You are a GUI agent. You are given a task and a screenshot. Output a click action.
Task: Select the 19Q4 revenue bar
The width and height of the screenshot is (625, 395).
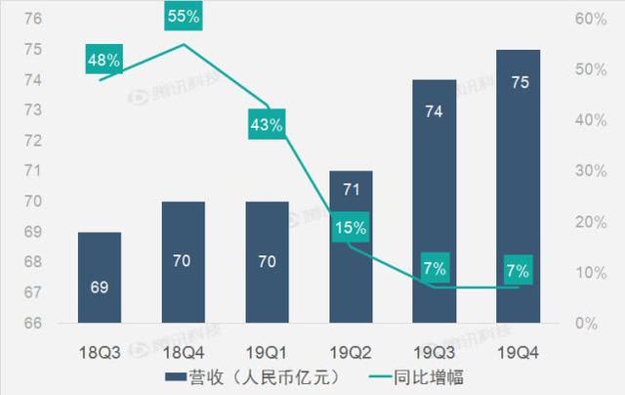tap(520, 186)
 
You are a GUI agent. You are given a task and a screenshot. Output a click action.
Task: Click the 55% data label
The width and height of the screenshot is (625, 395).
tap(183, 17)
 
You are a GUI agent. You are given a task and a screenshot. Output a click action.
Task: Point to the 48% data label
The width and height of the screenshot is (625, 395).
tap(104, 61)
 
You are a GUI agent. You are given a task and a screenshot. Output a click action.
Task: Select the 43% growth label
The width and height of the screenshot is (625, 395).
tap(267, 124)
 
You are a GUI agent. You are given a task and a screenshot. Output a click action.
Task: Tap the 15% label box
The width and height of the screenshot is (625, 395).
tap(351, 228)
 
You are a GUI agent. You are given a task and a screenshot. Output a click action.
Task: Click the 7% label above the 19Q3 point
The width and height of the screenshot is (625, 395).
tap(435, 269)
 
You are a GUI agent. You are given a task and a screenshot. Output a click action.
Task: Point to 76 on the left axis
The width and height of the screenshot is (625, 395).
tap(31, 20)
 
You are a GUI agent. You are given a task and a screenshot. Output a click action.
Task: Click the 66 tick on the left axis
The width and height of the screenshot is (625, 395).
tap(31, 323)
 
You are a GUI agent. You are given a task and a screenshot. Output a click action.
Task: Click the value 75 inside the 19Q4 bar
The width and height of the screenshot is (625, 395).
tap(520, 82)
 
